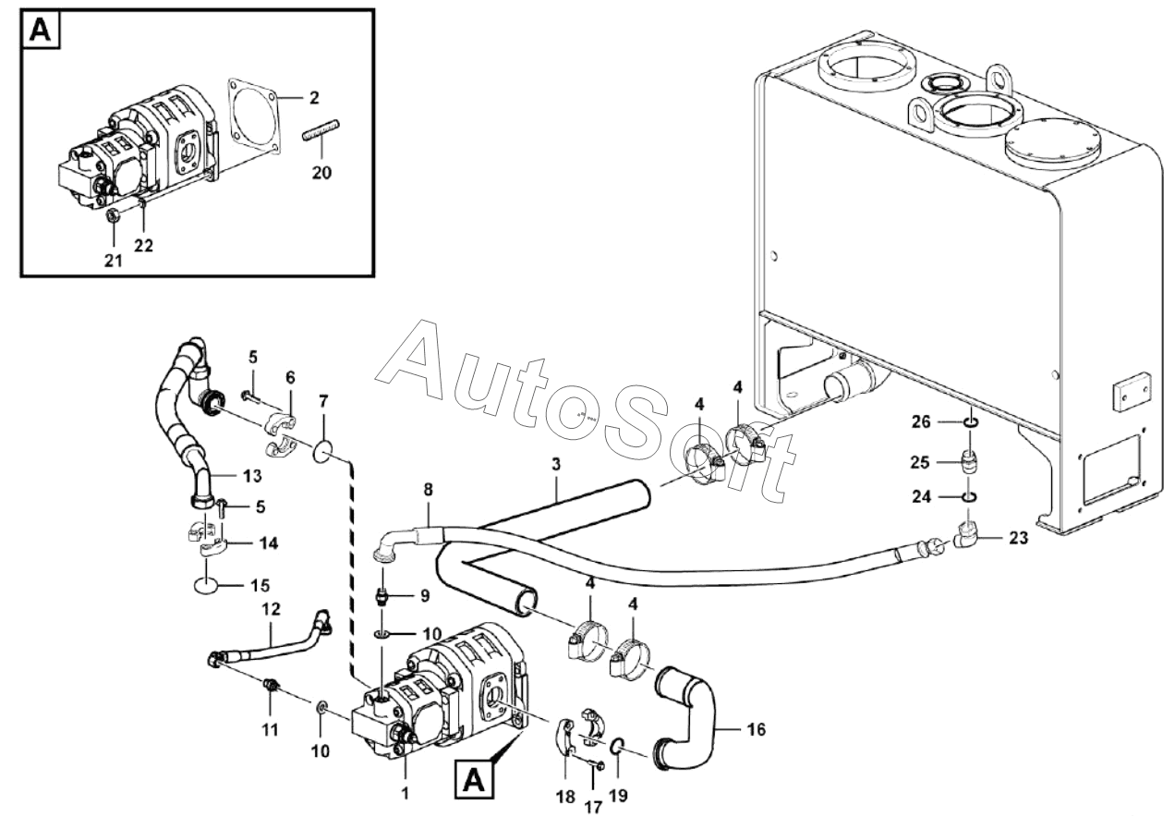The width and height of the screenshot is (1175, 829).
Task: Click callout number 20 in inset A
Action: point(321,173)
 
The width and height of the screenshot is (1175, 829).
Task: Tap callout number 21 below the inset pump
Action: point(112,262)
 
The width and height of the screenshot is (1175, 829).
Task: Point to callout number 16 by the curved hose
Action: point(756,729)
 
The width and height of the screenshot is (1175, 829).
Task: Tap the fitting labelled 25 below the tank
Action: point(970,462)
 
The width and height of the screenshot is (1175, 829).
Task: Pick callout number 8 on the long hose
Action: point(428,489)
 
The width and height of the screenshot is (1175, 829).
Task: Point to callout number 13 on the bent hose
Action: point(252,476)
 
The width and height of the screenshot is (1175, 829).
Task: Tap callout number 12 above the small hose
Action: point(271,610)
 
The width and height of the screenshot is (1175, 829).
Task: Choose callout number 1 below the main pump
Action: point(405,792)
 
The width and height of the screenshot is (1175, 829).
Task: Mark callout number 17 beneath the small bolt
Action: point(593,807)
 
